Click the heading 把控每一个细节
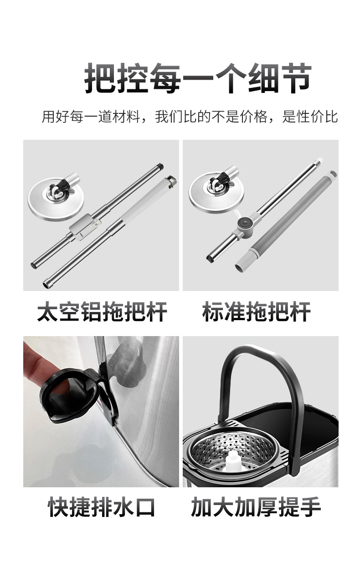coord(198,78)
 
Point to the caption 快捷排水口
coord(102,507)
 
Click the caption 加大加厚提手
coord(256,507)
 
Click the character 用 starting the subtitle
coord(48,117)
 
